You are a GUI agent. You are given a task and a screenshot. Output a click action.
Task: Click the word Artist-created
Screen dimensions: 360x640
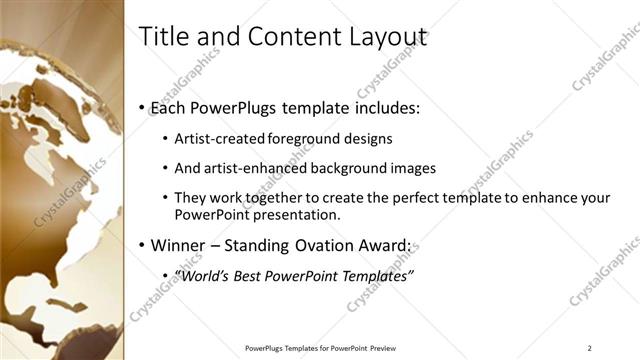click(219, 139)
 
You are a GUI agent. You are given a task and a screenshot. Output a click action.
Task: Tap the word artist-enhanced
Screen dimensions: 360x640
click(256, 168)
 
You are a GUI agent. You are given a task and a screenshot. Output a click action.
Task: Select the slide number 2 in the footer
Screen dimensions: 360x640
click(590, 348)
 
